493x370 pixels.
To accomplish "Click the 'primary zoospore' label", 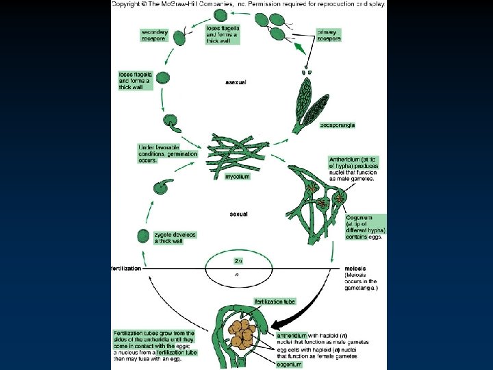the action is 329,34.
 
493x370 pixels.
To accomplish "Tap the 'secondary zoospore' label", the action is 155,36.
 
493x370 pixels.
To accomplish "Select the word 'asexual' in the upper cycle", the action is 236,82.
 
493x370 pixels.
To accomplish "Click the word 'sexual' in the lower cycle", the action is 238,214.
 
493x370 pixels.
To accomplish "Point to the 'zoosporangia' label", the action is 337,125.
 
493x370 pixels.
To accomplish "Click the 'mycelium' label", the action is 238,176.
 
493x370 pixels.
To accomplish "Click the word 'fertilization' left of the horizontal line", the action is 127,268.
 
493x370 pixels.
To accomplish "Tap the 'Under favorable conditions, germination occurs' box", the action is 168,154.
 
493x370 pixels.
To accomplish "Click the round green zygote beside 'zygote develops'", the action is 143,236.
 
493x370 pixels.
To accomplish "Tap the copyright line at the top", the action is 249,4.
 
